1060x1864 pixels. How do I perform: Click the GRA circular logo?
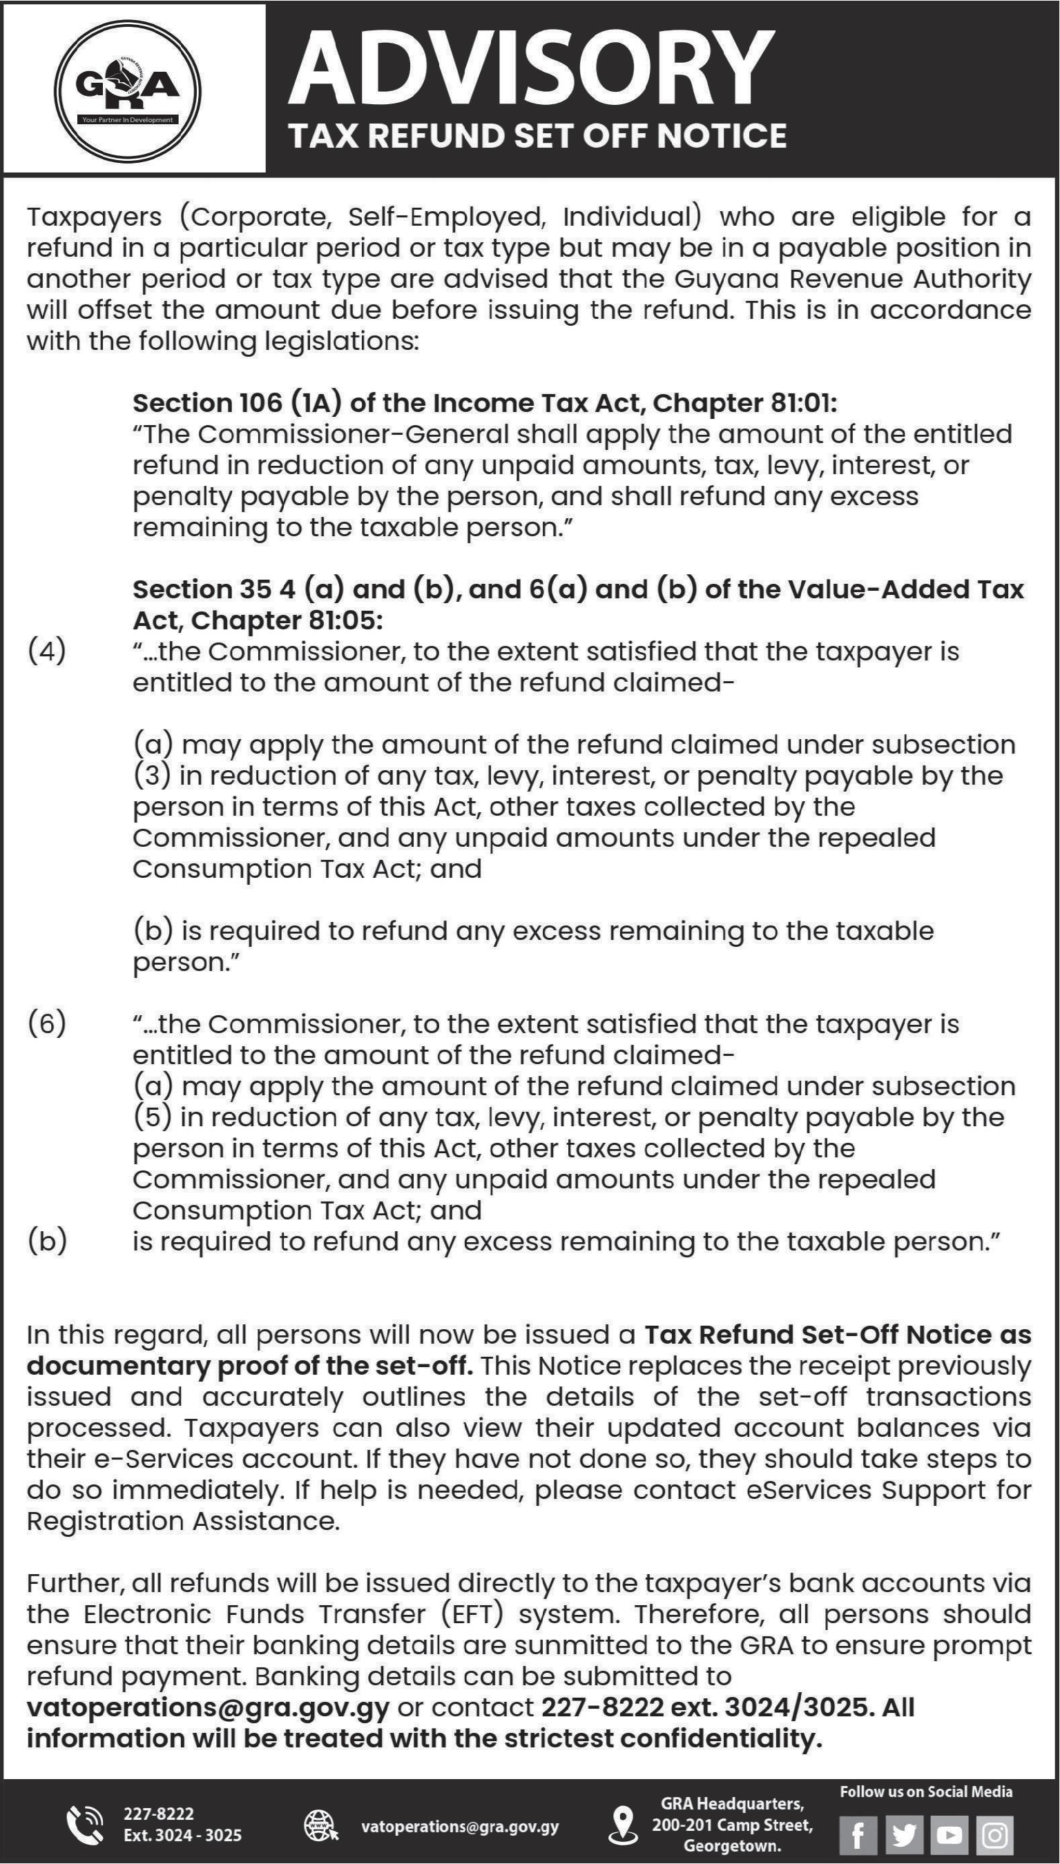128,90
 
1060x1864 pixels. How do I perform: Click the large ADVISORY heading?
531,69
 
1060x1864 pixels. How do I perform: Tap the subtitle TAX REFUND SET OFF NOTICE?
537,136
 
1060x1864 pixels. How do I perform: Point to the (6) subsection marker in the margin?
46,1023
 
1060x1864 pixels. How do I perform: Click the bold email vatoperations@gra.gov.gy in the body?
209,1707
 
